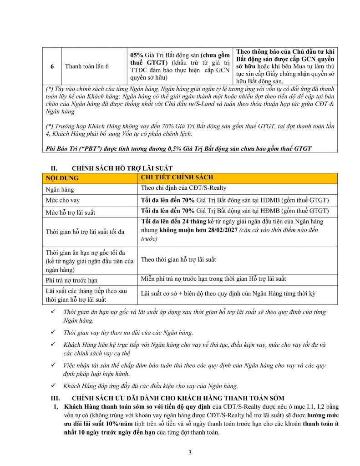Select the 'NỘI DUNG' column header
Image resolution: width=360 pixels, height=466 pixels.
tap(62, 178)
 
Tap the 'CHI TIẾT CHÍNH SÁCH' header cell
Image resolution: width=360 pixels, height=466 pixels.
tap(177, 177)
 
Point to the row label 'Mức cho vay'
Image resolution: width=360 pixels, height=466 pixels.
tap(63, 200)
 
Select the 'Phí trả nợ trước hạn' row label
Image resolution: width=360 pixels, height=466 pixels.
tap(71, 280)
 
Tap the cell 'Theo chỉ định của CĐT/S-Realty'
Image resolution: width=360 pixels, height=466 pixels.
tap(183, 188)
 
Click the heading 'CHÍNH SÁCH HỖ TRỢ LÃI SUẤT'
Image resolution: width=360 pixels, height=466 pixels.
tap(122, 168)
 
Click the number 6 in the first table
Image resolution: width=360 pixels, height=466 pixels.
tap(52, 66)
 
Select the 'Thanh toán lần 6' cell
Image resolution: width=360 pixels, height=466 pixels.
tap(87, 66)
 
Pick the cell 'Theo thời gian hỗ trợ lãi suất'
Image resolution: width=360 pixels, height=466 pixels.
tap(178, 259)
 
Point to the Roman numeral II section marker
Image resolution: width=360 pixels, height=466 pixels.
tap(53, 168)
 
